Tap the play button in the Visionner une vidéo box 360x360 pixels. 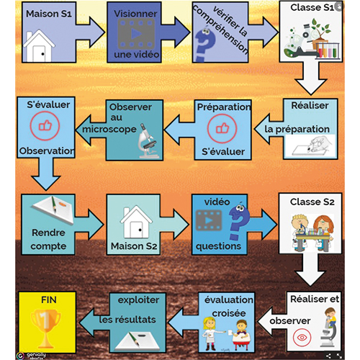tap(136, 34)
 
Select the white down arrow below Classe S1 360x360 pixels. tap(310, 78)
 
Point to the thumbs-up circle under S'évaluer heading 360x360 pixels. tap(45, 126)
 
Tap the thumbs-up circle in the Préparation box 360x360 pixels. tap(222, 129)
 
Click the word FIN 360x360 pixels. tap(49, 300)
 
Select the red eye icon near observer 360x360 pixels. tap(302, 338)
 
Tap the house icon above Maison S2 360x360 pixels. tap(136, 222)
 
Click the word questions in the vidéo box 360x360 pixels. tap(218, 246)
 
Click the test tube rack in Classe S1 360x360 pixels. tap(328, 50)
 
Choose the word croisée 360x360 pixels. tap(229, 313)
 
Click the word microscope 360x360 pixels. tap(109, 130)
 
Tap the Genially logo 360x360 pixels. tap(21, 355)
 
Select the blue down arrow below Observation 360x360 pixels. tap(45, 174)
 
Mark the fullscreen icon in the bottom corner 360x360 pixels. tap(340, 356)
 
